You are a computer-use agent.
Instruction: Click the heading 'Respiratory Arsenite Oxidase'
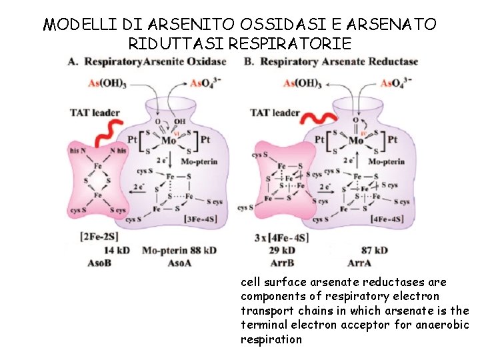(153, 62)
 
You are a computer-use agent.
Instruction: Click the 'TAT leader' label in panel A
(95, 112)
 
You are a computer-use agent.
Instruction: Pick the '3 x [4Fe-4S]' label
(281, 237)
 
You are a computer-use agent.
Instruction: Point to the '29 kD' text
(281, 250)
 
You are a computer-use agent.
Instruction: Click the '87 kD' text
(374, 250)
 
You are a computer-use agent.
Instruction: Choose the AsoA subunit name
(179, 263)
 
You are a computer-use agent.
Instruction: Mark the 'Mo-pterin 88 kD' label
(179, 250)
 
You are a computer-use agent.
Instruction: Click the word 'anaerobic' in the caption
(447, 325)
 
